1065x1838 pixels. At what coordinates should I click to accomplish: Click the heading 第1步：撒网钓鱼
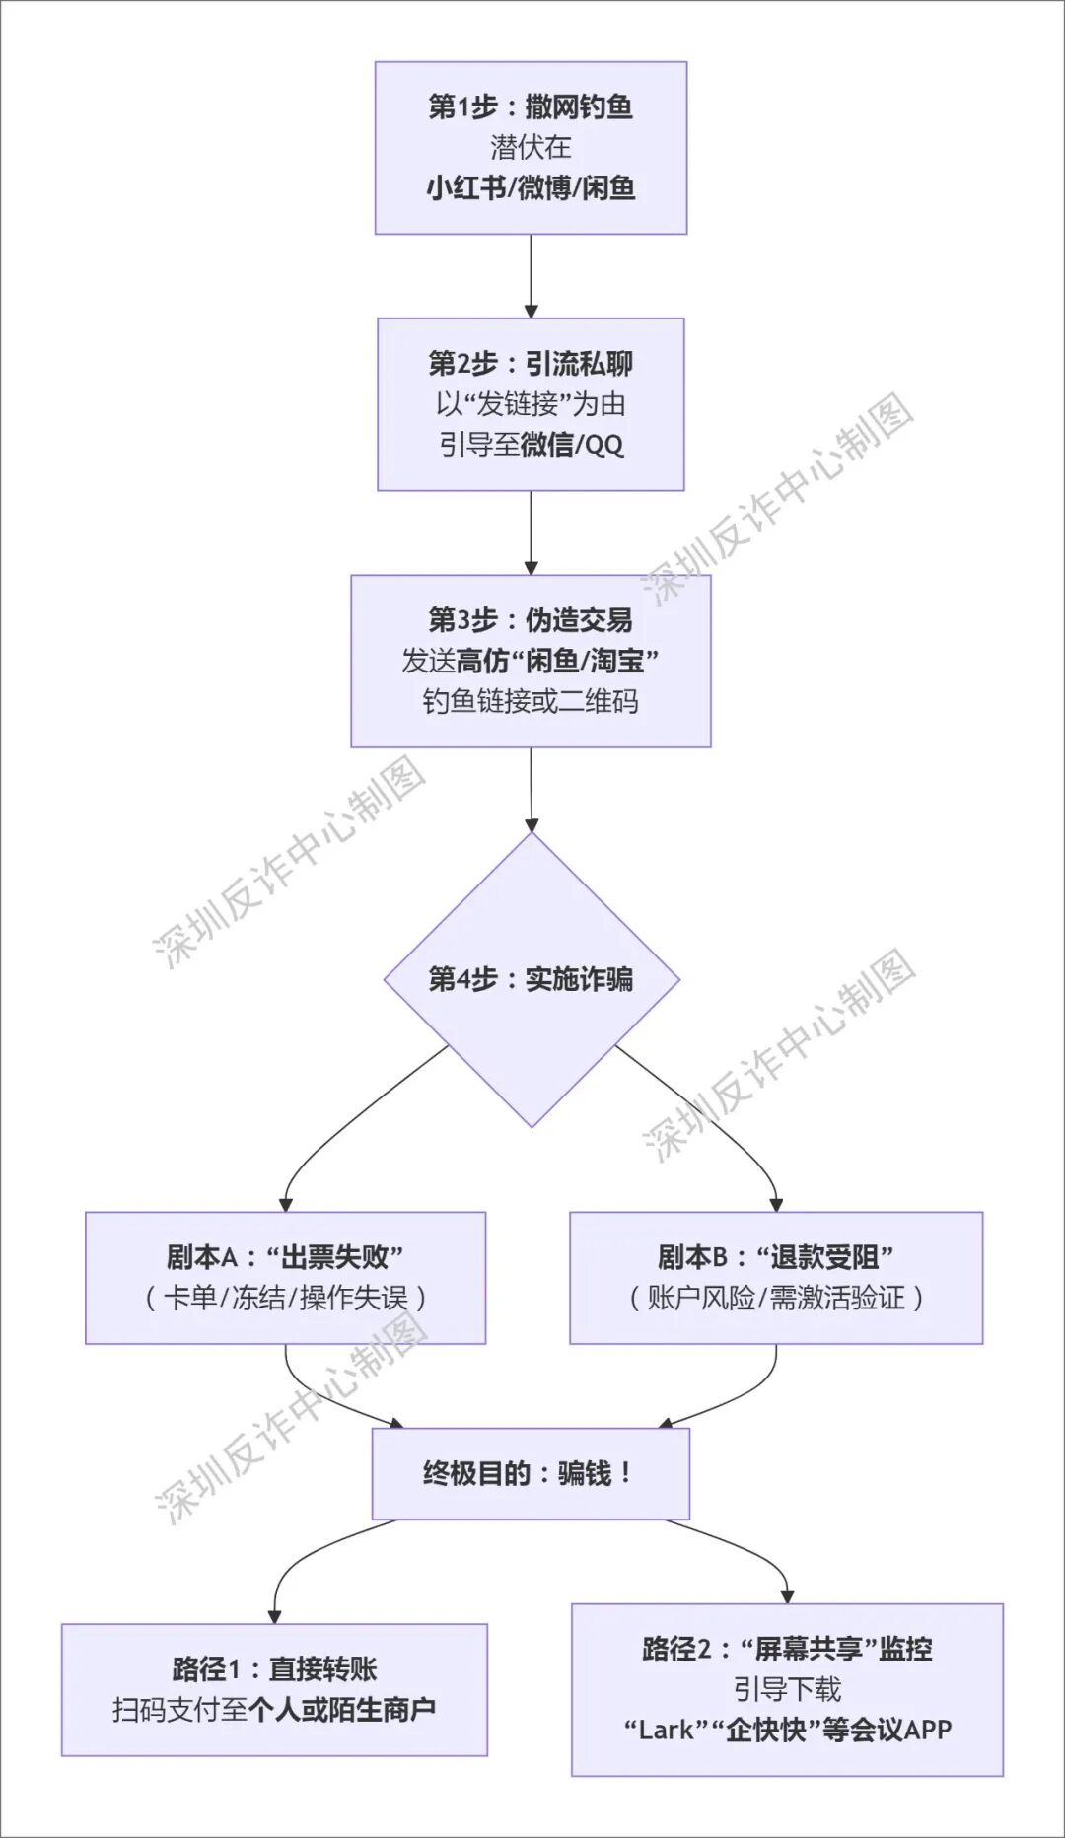click(x=531, y=106)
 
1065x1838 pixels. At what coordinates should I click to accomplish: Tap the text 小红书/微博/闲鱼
click(x=531, y=187)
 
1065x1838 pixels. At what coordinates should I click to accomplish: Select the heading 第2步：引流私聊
click(x=531, y=363)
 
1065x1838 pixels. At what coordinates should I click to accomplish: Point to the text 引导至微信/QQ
click(x=531, y=445)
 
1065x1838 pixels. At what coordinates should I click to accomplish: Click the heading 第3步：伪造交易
click(x=531, y=619)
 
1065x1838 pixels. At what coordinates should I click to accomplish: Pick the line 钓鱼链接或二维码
click(x=531, y=701)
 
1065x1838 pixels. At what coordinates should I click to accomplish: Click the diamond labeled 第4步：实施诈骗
click(x=531, y=979)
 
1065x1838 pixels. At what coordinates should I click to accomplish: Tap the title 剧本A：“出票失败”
click(x=285, y=1257)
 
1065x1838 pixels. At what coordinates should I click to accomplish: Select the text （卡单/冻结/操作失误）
click(x=285, y=1298)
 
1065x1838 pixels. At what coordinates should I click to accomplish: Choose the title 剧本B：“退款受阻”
click(x=776, y=1257)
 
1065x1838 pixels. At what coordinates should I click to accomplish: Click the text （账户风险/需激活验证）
click(x=776, y=1298)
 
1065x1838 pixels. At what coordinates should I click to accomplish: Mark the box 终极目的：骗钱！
click(x=531, y=1473)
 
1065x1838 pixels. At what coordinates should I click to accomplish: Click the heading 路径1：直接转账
click(x=274, y=1668)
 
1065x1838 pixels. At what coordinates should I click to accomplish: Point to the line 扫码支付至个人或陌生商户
click(x=274, y=1709)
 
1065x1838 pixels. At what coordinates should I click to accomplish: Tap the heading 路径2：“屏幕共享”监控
click(x=787, y=1648)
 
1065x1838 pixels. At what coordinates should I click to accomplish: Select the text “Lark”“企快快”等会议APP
click(x=787, y=1730)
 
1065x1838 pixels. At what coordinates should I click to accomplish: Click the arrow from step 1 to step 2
click(x=531, y=276)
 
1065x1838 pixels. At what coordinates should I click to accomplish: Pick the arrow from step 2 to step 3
click(x=531, y=532)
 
